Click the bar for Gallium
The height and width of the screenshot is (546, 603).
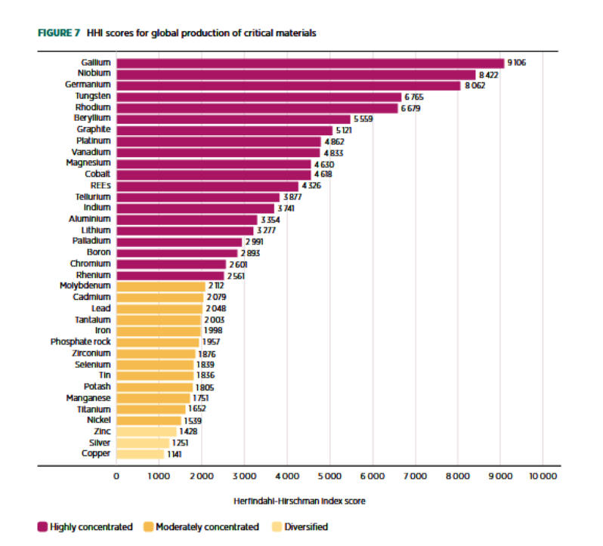click(310, 63)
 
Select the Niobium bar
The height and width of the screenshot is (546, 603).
click(295, 74)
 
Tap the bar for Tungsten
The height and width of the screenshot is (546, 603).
click(258, 97)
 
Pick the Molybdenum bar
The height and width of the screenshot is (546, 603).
click(160, 286)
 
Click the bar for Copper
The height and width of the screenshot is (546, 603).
click(140, 454)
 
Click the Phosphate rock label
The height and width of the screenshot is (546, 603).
click(81, 342)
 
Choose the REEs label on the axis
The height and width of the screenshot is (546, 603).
click(100, 186)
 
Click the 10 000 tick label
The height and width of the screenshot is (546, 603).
click(543, 477)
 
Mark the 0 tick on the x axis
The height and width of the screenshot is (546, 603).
click(116, 477)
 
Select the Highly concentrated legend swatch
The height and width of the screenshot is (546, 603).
click(43, 527)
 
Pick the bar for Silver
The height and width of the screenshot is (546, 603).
click(143, 443)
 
